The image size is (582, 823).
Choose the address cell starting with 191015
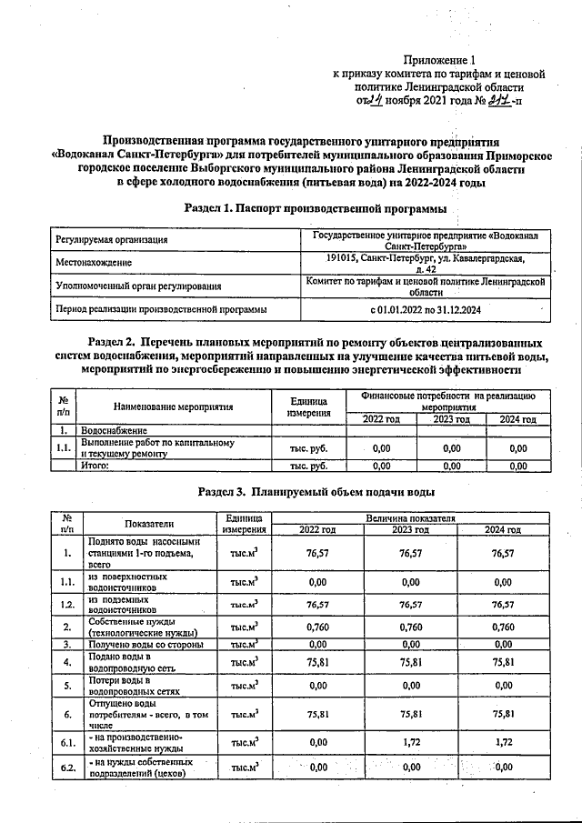[425, 264]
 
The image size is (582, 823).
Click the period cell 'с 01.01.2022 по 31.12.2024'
[425, 310]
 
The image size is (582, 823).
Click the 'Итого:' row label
[95, 467]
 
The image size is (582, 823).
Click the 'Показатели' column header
[150, 523]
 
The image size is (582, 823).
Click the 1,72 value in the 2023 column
[411, 743]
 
